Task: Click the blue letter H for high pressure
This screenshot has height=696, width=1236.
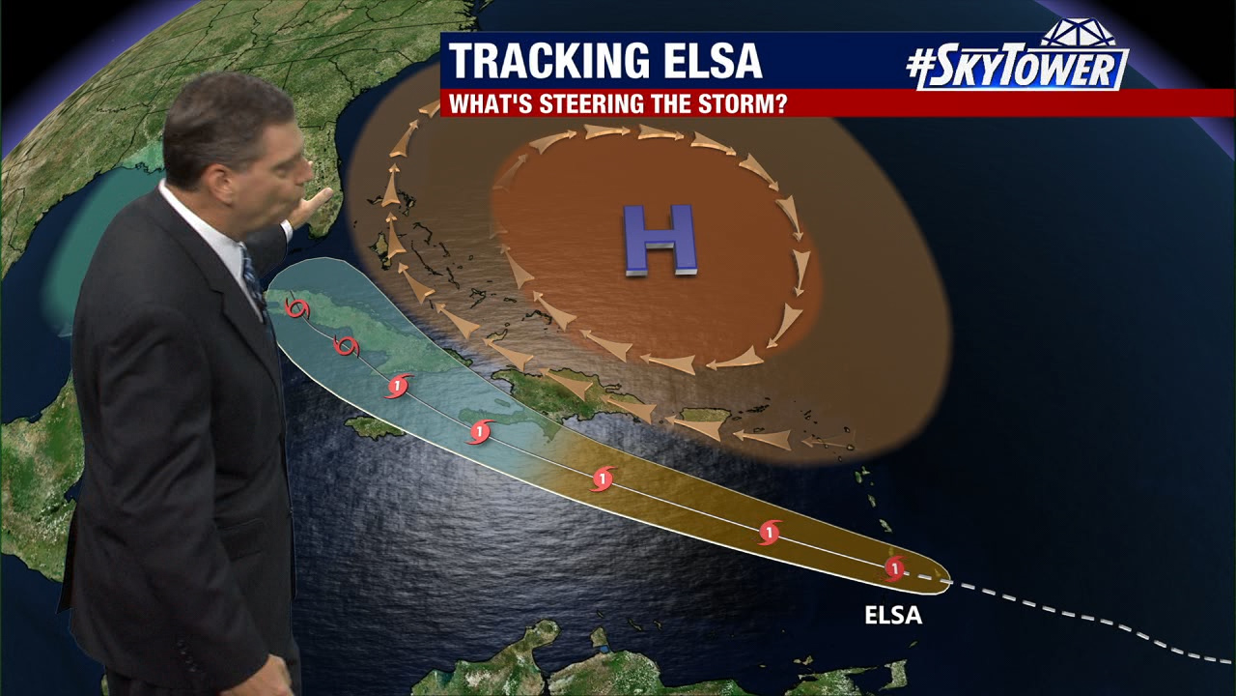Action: [x=660, y=239]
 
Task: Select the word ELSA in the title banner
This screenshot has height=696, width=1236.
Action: [x=722, y=61]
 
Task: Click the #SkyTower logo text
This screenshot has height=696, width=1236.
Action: [x=1018, y=69]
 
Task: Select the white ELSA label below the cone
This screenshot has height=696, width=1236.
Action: [x=892, y=615]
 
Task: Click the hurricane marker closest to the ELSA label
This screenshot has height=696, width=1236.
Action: [x=894, y=567]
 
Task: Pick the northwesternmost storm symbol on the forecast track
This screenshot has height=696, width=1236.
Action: [x=297, y=309]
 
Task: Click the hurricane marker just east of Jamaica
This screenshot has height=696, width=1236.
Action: [x=479, y=431]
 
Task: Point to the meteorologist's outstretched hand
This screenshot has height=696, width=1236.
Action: [x=315, y=205]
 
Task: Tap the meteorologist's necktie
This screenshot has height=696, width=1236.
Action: [x=254, y=280]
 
